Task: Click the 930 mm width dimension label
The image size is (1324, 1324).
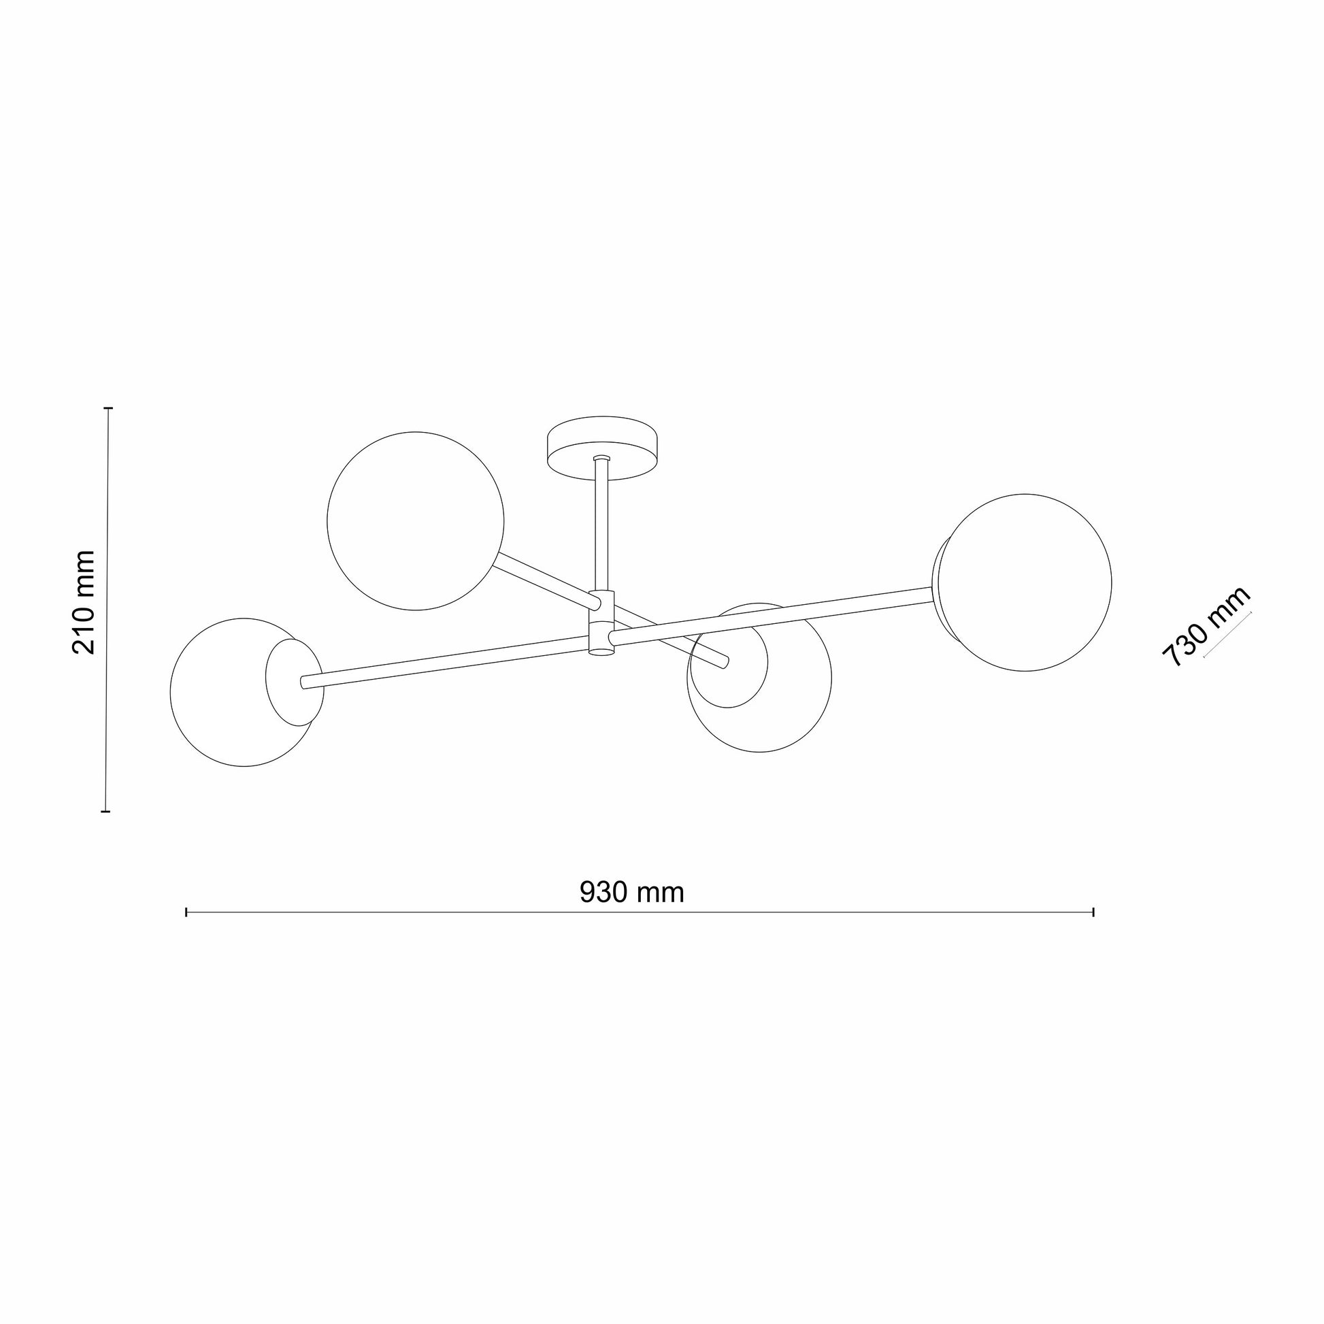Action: click(x=632, y=892)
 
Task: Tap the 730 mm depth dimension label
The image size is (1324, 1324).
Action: click(x=1206, y=627)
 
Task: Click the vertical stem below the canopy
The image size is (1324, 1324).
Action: click(x=601, y=526)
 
